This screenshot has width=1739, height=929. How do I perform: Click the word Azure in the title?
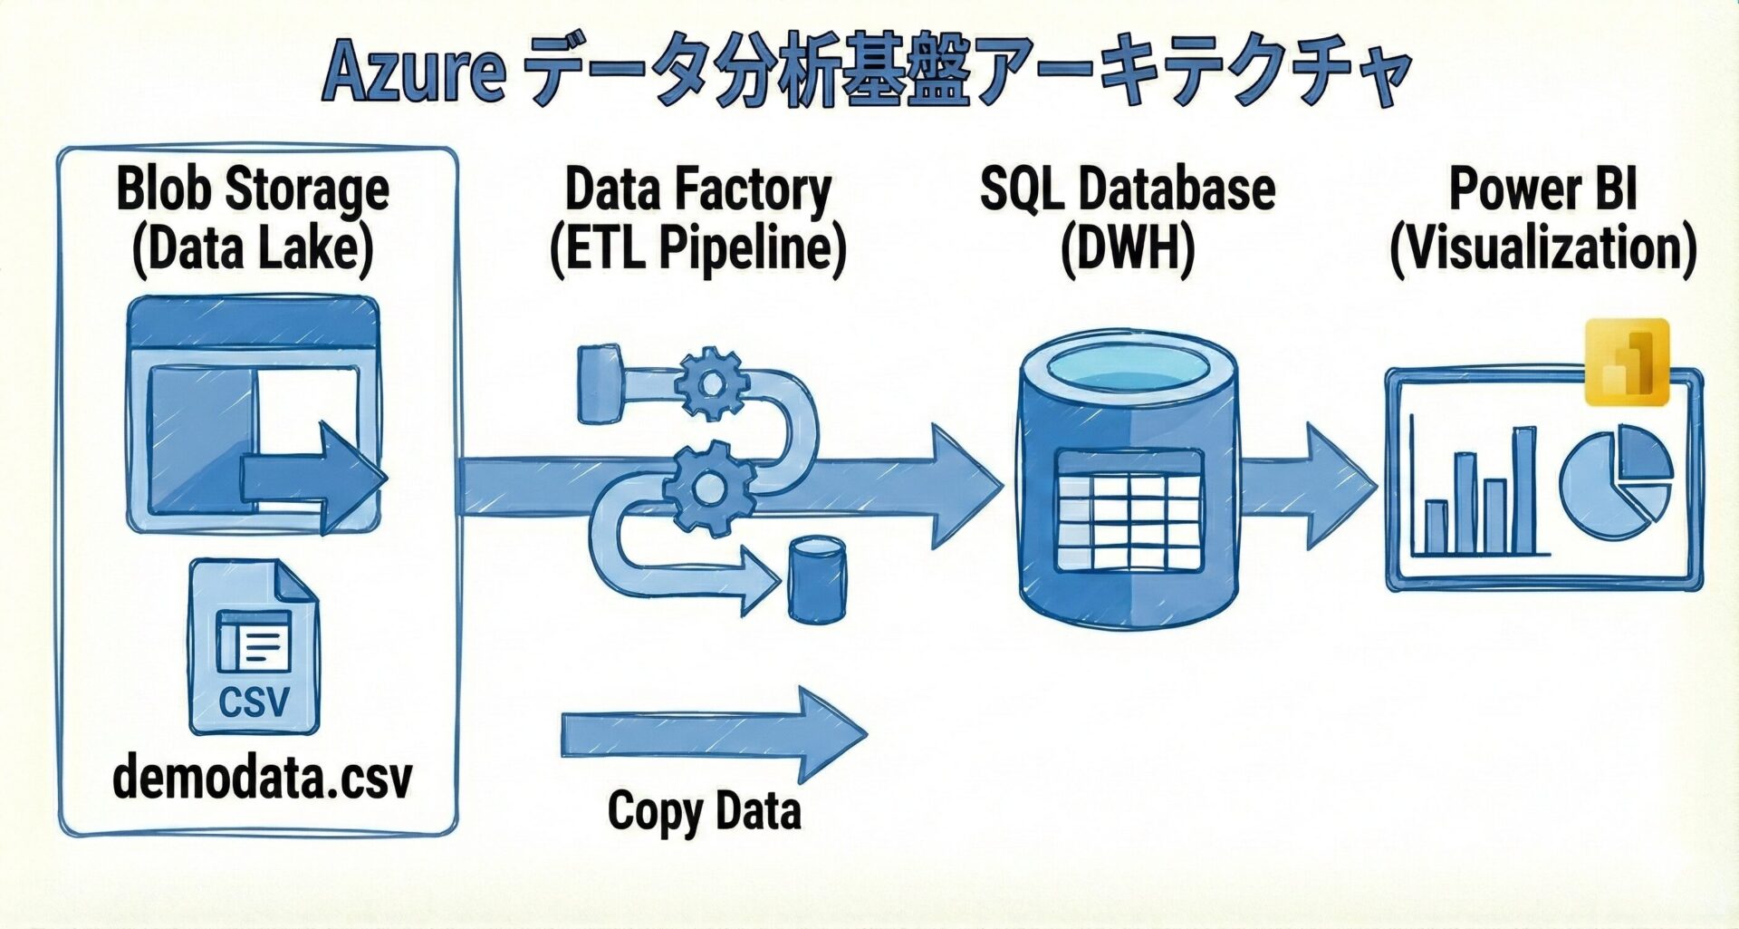click(413, 71)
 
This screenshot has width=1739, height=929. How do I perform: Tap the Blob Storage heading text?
click(253, 189)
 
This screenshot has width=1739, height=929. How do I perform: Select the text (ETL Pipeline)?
click(697, 248)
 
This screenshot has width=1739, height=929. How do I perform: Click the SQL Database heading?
click(1128, 189)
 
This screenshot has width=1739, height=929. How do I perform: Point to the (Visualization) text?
click(1542, 248)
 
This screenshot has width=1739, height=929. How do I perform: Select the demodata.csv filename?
click(262, 778)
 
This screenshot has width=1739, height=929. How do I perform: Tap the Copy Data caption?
click(704, 810)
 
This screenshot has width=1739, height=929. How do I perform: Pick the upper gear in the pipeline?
click(712, 384)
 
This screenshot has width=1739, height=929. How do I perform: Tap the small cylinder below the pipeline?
click(816, 580)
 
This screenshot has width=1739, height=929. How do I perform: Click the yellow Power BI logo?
click(1627, 362)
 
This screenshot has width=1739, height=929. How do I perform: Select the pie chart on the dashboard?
click(1615, 483)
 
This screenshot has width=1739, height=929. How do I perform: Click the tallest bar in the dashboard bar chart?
click(1524, 490)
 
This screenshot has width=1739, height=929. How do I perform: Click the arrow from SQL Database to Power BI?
click(1309, 485)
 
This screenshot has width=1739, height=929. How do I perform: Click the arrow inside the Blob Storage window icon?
click(313, 477)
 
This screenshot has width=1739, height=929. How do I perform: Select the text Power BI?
click(1542, 189)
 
